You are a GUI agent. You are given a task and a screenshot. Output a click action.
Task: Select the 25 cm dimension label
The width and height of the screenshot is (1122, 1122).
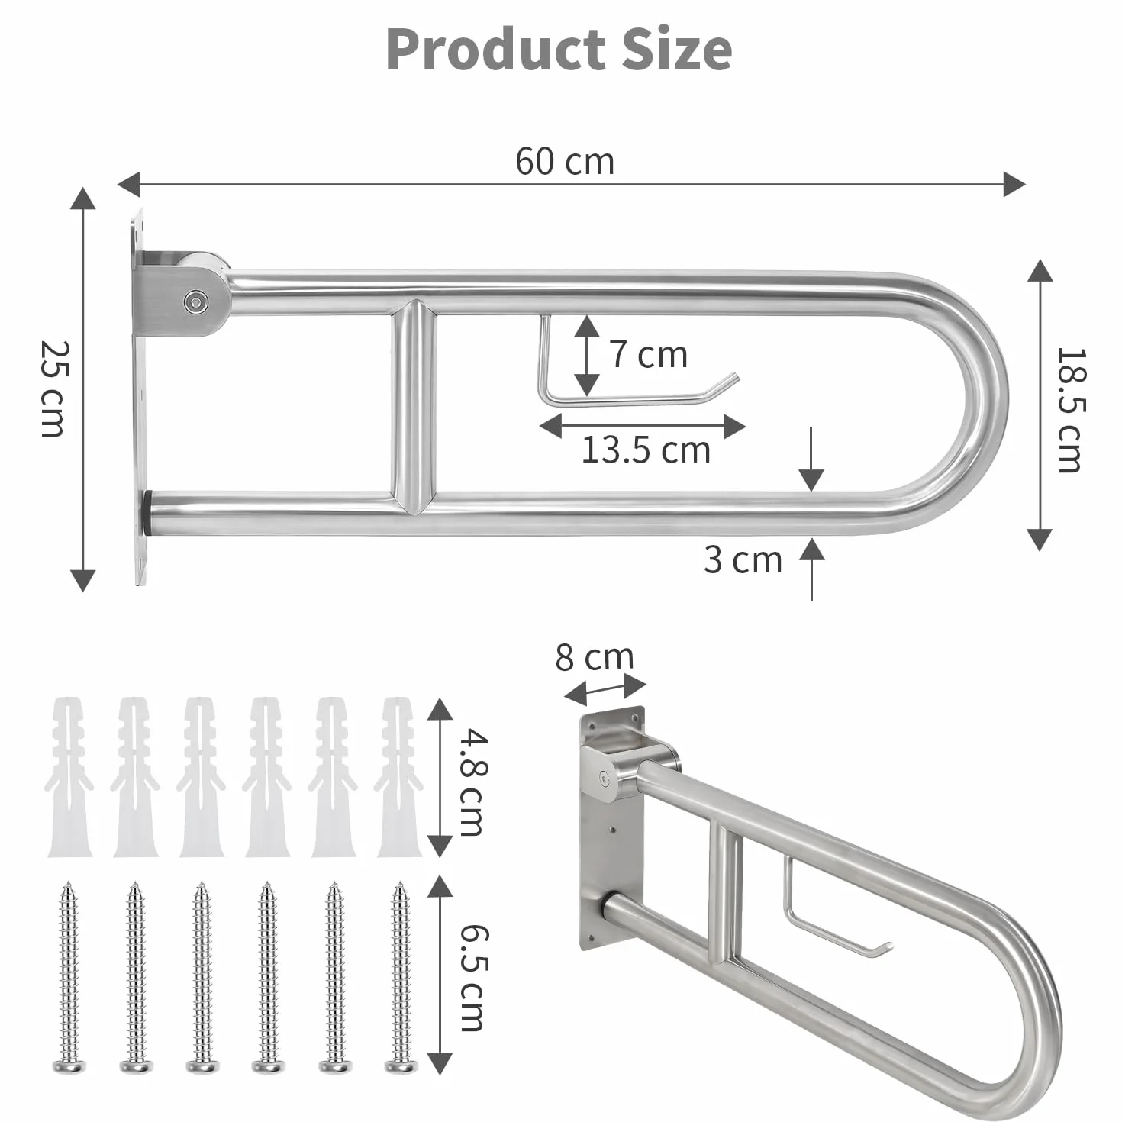[55, 389]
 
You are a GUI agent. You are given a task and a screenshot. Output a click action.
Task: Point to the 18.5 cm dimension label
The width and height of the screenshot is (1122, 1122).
[1070, 410]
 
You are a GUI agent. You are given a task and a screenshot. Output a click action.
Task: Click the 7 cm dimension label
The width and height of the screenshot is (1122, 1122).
[649, 355]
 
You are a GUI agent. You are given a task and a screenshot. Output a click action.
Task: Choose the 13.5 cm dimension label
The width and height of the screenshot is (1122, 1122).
[646, 450]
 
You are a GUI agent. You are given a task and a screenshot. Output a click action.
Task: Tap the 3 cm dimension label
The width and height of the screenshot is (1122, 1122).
[743, 560]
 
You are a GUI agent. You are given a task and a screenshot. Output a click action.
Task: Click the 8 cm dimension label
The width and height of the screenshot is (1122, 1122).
[595, 657]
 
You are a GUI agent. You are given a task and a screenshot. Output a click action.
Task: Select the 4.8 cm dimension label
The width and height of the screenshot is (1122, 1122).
[472, 782]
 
